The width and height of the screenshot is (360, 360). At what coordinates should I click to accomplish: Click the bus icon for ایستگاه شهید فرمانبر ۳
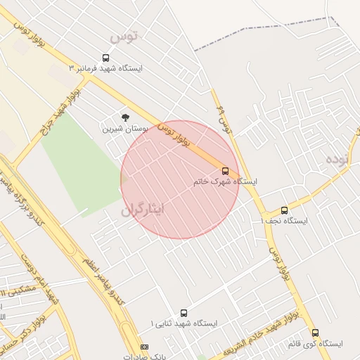tap(106, 58)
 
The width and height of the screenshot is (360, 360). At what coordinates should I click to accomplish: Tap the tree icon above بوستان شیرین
tap(126, 117)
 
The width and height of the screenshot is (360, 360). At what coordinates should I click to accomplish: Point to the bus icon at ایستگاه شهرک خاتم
tap(226, 171)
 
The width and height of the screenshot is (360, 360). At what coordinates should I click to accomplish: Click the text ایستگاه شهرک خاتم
tap(225, 181)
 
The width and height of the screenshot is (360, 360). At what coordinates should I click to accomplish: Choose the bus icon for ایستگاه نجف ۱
tap(284, 210)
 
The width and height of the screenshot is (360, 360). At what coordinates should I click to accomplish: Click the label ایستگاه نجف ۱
tap(284, 221)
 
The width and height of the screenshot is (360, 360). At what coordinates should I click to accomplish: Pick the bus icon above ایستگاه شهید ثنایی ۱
tap(184, 313)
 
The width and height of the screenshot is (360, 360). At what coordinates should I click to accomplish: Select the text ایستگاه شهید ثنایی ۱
tap(184, 323)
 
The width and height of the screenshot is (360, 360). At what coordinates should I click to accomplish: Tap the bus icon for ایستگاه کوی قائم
tap(315, 333)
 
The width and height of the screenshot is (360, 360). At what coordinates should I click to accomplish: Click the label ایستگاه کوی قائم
tap(315, 345)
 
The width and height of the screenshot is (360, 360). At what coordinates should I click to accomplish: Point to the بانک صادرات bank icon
tap(145, 347)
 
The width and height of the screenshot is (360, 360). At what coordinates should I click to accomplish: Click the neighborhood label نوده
tap(337, 160)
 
